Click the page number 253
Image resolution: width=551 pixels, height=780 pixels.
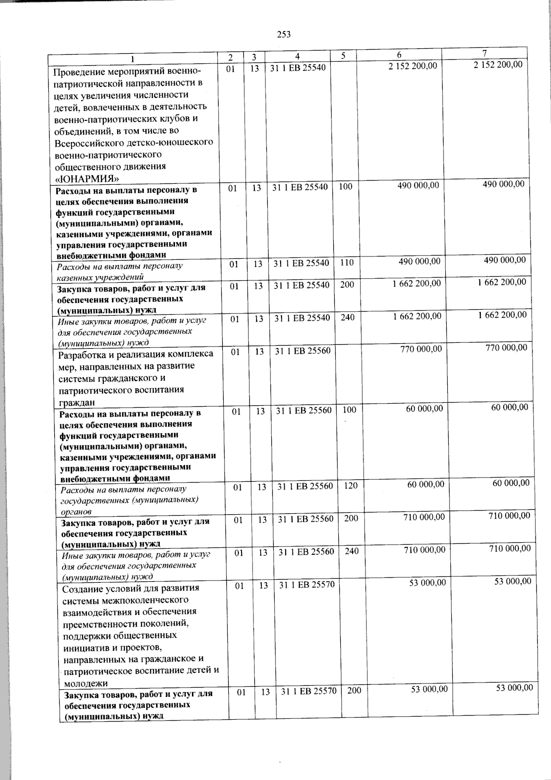(x=284, y=34)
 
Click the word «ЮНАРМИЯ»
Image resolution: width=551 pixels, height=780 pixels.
(x=87, y=179)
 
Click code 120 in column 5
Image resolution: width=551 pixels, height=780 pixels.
(x=350, y=485)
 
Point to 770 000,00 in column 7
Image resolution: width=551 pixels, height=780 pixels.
(x=506, y=347)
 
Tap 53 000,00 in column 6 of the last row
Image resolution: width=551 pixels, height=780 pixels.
(x=429, y=689)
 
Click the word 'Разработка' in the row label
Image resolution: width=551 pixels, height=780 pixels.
(x=81, y=354)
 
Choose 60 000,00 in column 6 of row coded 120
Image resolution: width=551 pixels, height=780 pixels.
(x=426, y=484)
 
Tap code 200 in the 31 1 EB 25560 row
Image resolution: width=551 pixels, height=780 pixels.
(x=351, y=518)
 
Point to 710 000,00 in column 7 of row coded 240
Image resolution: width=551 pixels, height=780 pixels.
(x=510, y=548)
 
